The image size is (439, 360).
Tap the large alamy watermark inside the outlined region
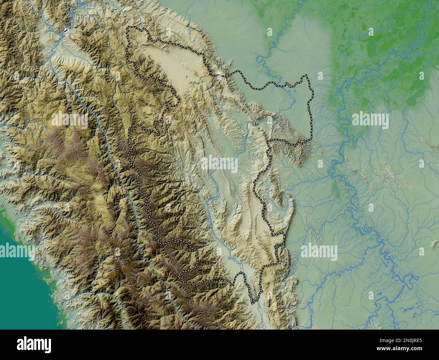pos(219,163)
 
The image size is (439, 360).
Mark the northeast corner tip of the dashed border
pos(307,76)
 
